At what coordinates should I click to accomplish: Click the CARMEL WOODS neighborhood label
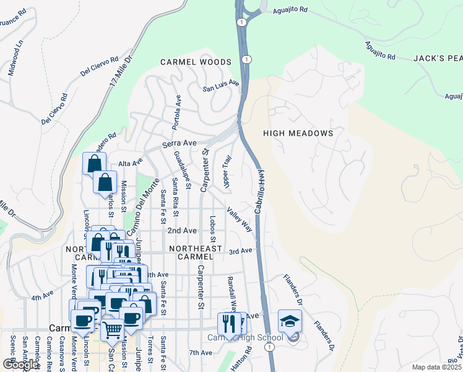point(196,62)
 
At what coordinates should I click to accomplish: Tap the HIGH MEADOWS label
point(298,133)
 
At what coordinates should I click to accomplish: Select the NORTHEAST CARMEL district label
point(195,252)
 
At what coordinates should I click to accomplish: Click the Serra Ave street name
point(180,143)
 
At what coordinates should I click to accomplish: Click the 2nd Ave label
point(182,231)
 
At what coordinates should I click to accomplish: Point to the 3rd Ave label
point(241,250)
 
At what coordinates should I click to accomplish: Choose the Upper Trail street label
point(227,172)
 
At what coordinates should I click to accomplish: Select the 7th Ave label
point(201,352)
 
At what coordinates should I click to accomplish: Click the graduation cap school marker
point(289,321)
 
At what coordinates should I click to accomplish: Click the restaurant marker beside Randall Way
point(230,324)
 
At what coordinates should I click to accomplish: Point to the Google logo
point(20,365)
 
